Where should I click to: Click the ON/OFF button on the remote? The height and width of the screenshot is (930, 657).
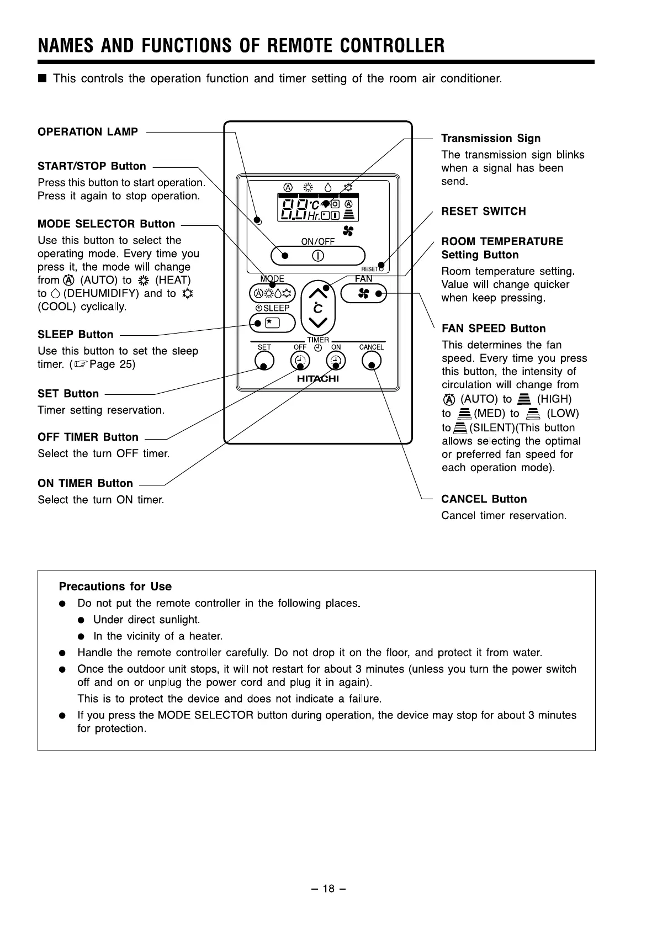317,256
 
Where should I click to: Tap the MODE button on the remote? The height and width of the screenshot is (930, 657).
272,293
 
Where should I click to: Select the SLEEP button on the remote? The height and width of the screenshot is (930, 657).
272,323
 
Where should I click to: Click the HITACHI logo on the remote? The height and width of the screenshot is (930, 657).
317,379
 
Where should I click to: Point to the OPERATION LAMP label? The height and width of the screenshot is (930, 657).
88,132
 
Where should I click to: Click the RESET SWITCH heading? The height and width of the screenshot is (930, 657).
483,212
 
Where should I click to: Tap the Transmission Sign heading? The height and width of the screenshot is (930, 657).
490,139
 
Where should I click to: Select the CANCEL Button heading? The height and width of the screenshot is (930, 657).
484,499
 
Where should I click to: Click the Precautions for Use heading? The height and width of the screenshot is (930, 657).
115,586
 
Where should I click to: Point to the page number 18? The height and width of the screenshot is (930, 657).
328,889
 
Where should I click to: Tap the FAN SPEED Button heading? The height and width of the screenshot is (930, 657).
494,329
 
